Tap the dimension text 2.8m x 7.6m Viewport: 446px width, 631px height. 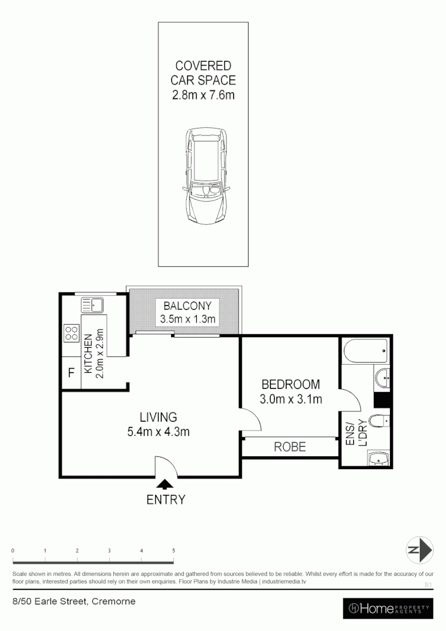click(203, 95)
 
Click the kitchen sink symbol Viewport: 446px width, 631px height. click(92, 304)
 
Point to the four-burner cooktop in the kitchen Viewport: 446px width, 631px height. click(71, 333)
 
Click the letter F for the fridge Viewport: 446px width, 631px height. click(71, 373)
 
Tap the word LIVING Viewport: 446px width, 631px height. click(158, 417)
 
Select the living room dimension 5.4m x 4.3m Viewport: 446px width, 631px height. click(158, 432)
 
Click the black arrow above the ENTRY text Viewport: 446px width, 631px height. click(166, 483)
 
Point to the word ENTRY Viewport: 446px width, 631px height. click(166, 500)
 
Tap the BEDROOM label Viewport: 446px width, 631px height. click(290, 384)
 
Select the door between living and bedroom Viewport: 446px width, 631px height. click(250, 419)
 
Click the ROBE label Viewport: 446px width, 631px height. click(290, 447)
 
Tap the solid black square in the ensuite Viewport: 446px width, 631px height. click(382, 400)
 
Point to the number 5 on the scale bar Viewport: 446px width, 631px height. click(173, 551)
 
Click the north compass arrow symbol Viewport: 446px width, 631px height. click(420, 550)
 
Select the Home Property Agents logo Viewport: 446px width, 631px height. click(388, 608)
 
